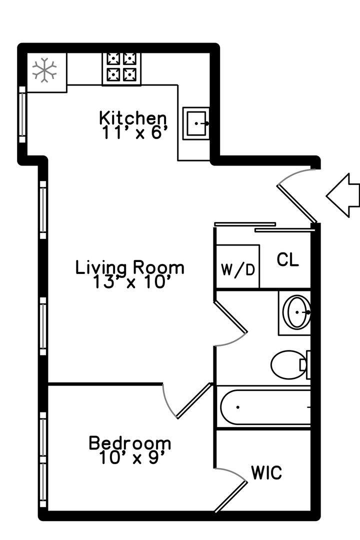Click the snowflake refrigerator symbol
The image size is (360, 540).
[44, 70]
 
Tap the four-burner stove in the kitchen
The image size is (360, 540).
[121, 69]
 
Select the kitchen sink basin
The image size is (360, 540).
[196, 123]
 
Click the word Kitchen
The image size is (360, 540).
[132, 118]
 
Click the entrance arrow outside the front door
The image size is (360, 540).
[343, 195]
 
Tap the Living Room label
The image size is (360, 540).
[130, 268]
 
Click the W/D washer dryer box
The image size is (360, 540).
[237, 266]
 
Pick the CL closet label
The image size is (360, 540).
[287, 260]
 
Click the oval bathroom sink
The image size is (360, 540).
[296, 312]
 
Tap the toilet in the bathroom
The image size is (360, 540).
[290, 364]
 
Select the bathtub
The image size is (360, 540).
[263, 407]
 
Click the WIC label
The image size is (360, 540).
[266, 472]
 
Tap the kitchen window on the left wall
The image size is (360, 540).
[22, 114]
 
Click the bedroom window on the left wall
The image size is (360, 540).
[43, 460]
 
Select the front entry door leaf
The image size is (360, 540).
[296, 204]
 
